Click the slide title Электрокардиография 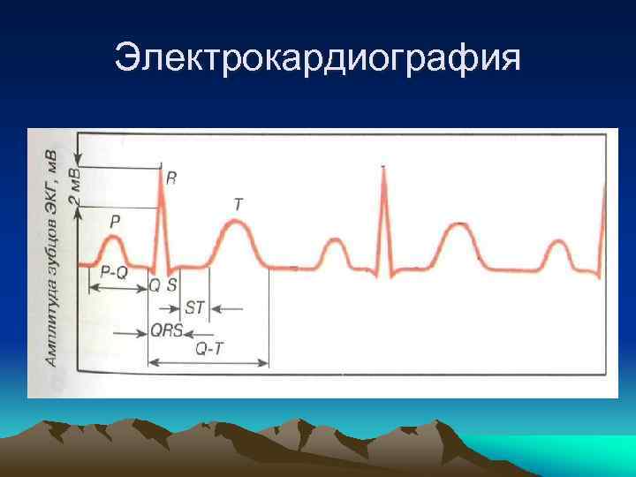[318, 59]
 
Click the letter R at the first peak [170, 178]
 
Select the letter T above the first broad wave [238, 203]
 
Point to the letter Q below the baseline [155, 284]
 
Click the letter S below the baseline [172, 284]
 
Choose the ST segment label [195, 308]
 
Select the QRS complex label [166, 332]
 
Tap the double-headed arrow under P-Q [117, 288]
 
